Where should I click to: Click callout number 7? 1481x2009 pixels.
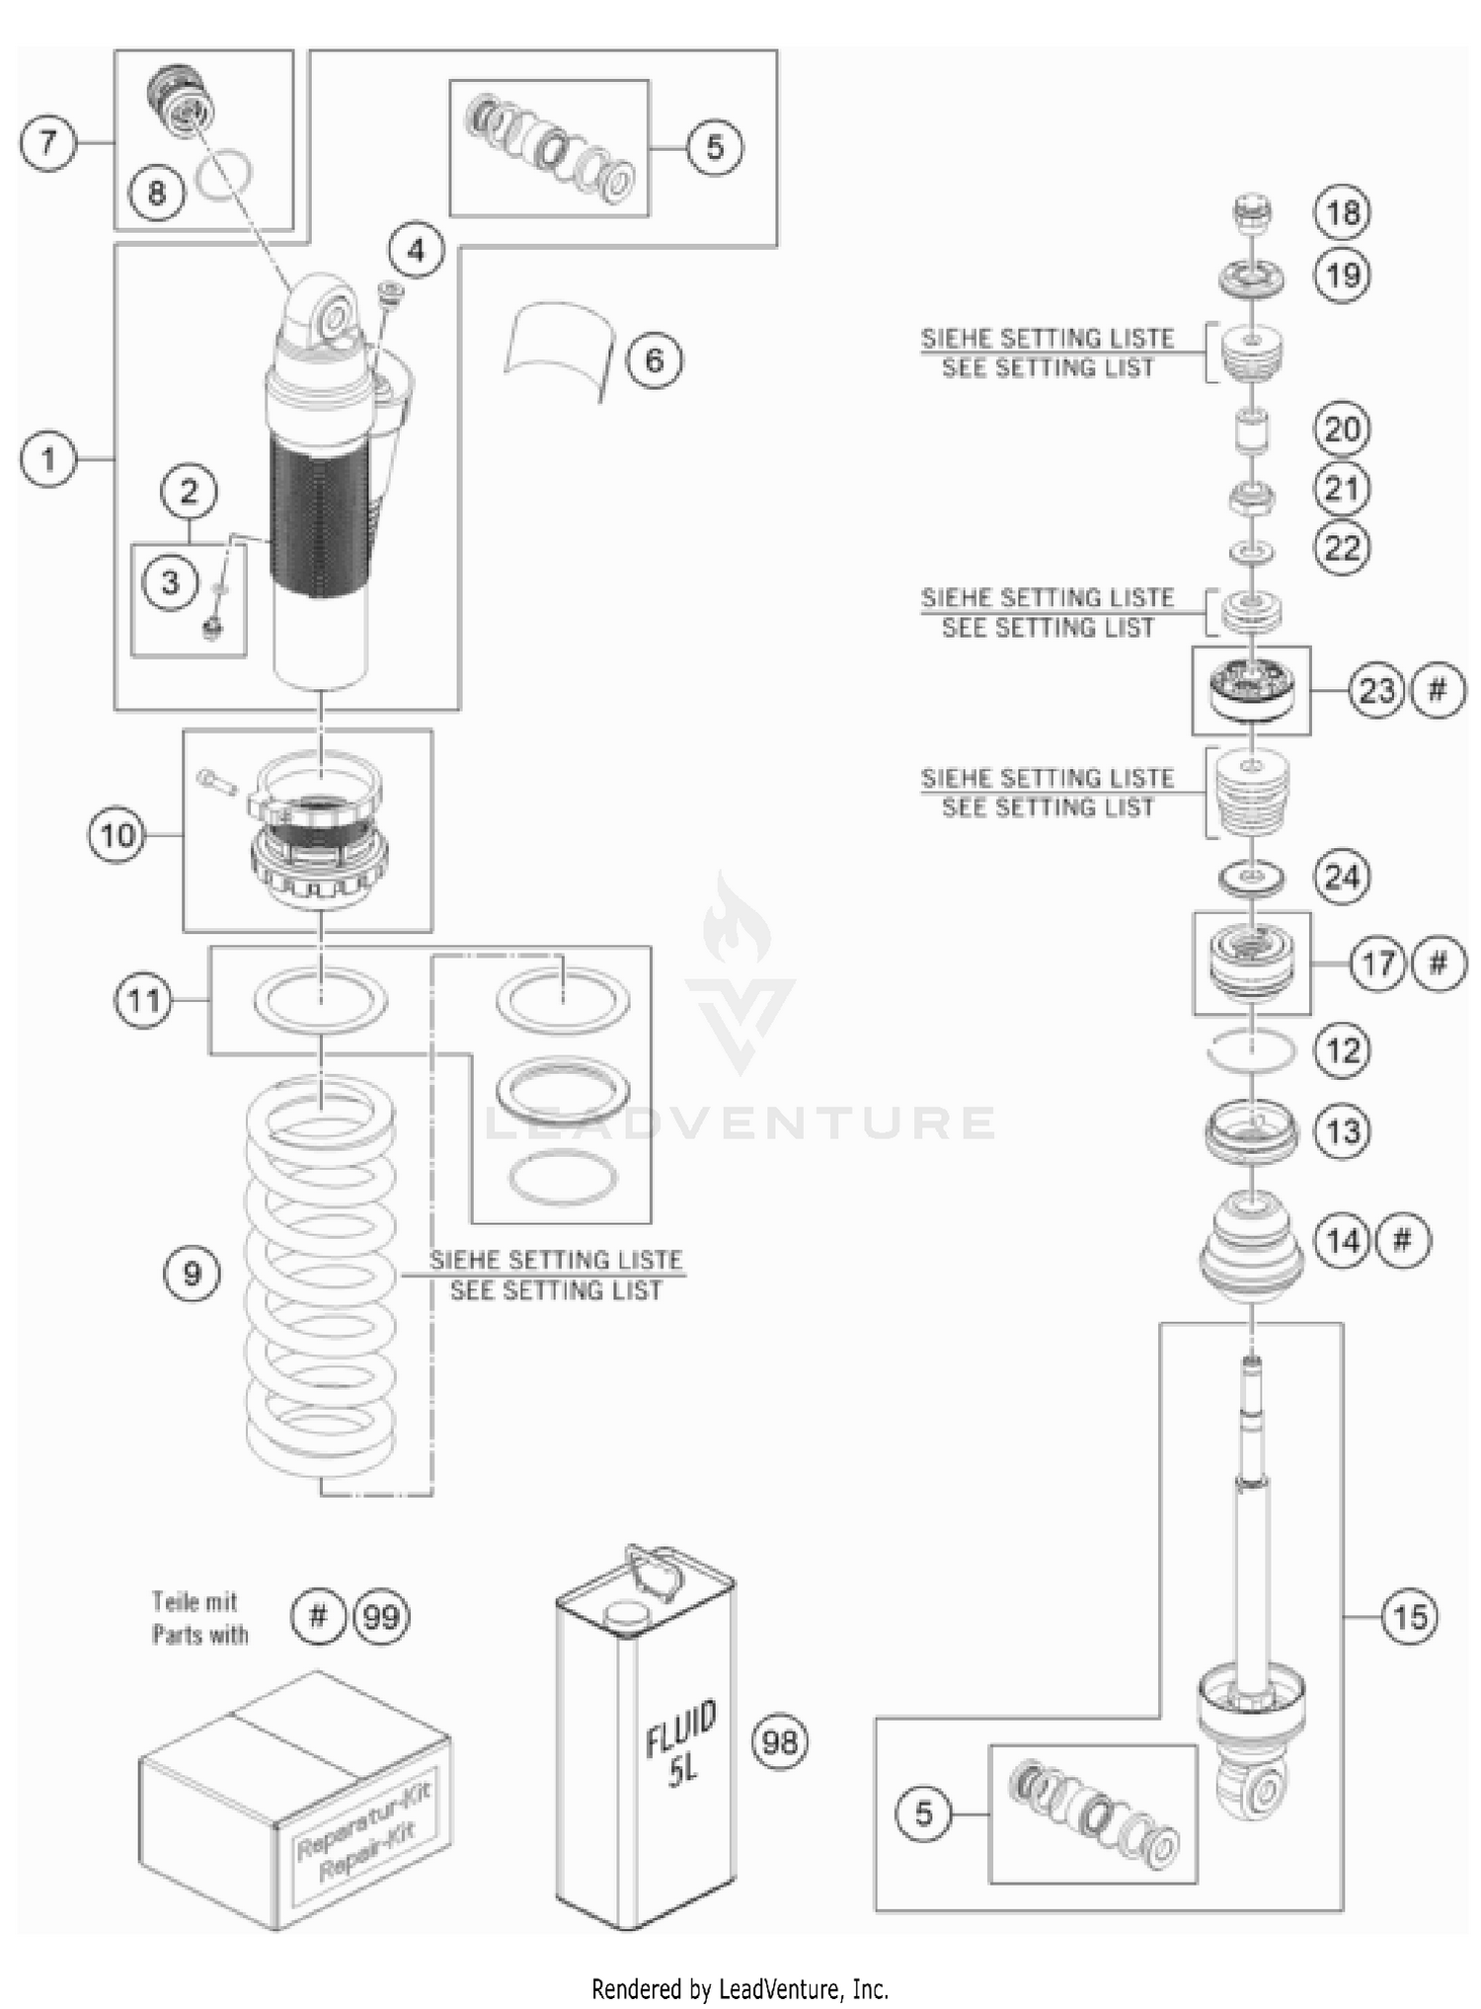(47, 144)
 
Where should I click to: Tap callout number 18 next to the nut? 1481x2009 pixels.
(1342, 212)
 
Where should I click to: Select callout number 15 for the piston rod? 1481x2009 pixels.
(1409, 1616)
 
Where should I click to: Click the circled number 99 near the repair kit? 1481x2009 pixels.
(381, 1617)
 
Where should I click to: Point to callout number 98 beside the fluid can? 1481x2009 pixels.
(780, 1742)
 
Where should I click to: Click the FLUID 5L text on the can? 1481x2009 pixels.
(680, 1743)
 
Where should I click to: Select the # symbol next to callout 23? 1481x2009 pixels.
(1437, 689)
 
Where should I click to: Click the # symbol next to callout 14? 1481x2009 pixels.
(1402, 1240)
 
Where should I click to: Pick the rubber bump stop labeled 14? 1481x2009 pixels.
(1251, 1249)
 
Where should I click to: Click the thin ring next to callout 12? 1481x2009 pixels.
(1252, 1050)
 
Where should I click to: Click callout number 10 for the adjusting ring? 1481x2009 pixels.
(117, 835)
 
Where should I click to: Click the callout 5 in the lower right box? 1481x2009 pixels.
(923, 1813)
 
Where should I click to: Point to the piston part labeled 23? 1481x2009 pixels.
(1251, 689)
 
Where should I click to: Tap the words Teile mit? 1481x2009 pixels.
(195, 1601)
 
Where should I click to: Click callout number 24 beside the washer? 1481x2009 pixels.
(1342, 877)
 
